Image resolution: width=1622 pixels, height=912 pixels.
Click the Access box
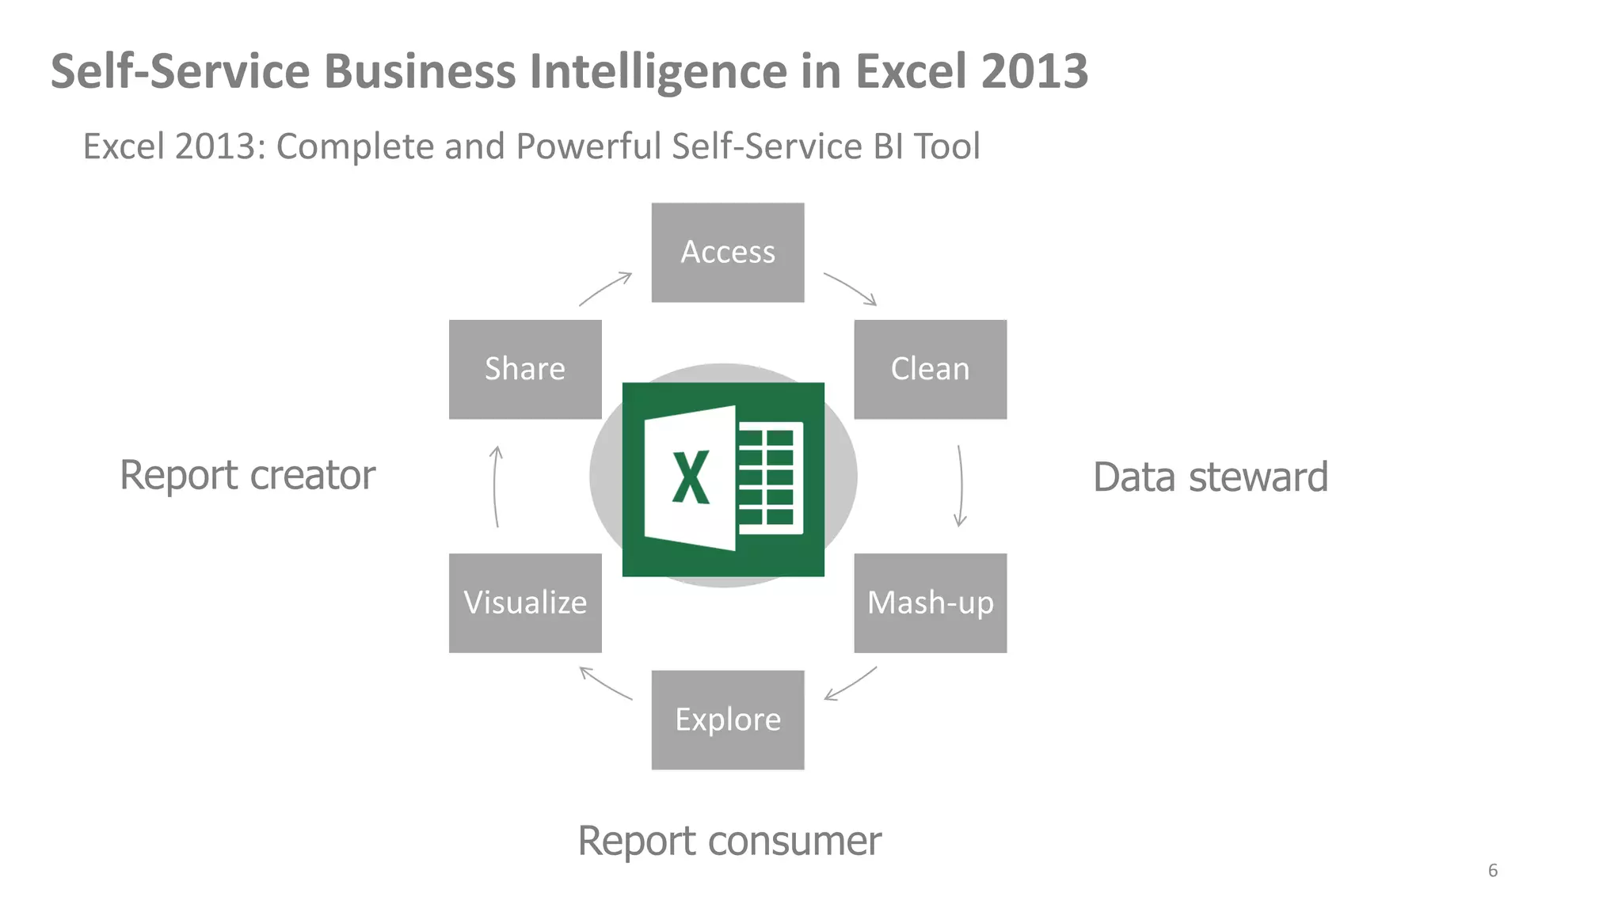click(x=727, y=253)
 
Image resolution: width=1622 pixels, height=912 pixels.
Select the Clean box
click(x=930, y=369)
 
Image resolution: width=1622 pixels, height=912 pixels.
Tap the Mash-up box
click(x=930, y=602)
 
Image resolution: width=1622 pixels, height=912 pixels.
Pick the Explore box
click(x=727, y=720)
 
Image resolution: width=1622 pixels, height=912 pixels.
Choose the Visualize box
click(x=525, y=602)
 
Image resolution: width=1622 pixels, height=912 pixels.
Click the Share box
click(x=525, y=369)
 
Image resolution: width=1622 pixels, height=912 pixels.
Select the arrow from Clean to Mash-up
click(x=961, y=485)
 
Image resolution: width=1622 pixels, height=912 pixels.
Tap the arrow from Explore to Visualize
click(x=605, y=683)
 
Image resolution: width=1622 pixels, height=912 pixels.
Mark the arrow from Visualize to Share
click(x=496, y=486)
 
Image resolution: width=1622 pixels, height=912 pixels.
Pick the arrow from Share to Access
click(x=606, y=288)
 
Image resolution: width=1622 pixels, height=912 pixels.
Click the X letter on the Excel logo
click(x=691, y=477)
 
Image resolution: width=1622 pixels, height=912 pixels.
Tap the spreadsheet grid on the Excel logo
click(x=768, y=477)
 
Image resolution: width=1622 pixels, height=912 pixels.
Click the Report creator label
click(x=247, y=475)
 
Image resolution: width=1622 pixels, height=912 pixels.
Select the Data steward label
click(x=1210, y=477)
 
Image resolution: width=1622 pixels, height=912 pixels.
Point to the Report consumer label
click(x=729, y=841)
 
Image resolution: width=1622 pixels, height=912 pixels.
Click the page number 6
click(x=1492, y=871)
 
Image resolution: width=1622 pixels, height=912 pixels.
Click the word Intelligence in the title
click(x=659, y=71)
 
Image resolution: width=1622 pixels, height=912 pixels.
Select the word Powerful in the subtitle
click(x=588, y=146)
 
